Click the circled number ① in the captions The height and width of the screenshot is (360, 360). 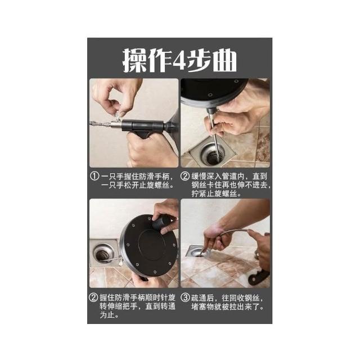pos(94,176)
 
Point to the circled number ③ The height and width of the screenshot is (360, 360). pos(185,298)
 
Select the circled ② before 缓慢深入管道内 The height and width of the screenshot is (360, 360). pos(185,176)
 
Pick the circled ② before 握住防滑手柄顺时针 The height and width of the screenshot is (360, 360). pos(93,298)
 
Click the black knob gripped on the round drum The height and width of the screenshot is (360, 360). pos(161,223)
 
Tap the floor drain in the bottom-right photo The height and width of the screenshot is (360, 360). pos(198,252)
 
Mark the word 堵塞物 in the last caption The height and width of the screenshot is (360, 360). pos(202,307)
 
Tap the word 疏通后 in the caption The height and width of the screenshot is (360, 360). pos(202,298)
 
